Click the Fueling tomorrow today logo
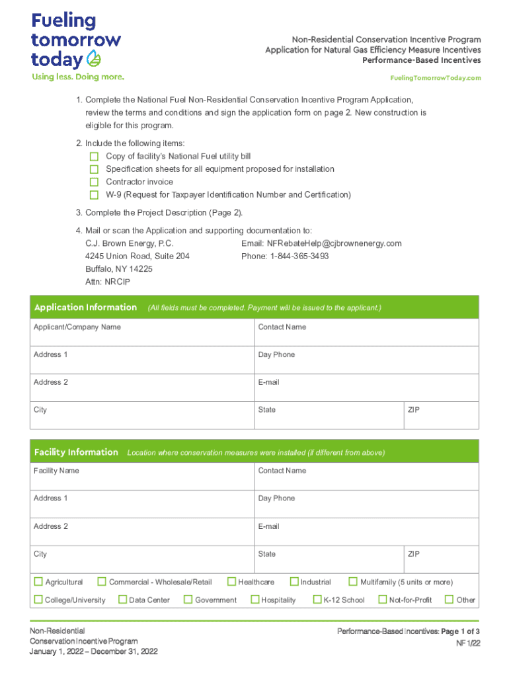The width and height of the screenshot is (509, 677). pyautogui.click(x=76, y=42)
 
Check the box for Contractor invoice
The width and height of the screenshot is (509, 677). pyautogui.click(x=94, y=182)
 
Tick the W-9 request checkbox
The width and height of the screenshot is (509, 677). pyautogui.click(x=94, y=195)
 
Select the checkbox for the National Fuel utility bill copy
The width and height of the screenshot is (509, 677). pyautogui.click(x=94, y=157)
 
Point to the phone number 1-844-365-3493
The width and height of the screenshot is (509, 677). pyautogui.click(x=297, y=256)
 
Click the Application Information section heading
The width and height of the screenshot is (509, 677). pyautogui.click(x=85, y=307)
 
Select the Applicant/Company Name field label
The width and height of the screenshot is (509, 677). pyautogui.click(x=77, y=327)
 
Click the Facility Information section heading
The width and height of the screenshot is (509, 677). pyautogui.click(x=76, y=452)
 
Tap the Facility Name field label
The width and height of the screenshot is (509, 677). pyautogui.click(x=56, y=471)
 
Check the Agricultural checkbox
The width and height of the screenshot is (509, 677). pyautogui.click(x=38, y=582)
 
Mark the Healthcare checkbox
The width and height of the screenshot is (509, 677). pyautogui.click(x=231, y=582)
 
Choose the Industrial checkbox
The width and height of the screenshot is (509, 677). pyautogui.click(x=294, y=582)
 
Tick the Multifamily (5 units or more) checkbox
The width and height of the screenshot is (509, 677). pyautogui.click(x=354, y=582)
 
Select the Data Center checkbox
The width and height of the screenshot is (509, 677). pyautogui.click(x=122, y=600)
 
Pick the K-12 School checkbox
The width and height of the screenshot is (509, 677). pyautogui.click(x=317, y=600)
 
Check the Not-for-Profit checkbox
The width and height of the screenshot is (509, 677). pyautogui.click(x=382, y=600)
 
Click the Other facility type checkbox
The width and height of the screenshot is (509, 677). pyautogui.click(x=450, y=600)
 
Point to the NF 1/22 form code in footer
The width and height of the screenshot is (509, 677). pyautogui.click(x=467, y=643)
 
